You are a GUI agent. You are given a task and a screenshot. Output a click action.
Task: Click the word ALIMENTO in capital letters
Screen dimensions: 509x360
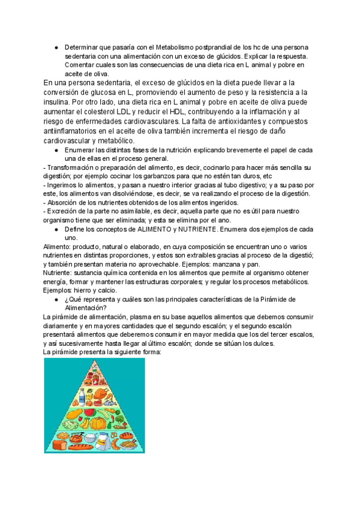(172, 230)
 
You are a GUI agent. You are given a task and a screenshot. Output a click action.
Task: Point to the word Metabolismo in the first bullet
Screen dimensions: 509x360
(178, 47)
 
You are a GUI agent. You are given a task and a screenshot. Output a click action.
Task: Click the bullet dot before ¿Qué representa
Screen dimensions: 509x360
(56, 300)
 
